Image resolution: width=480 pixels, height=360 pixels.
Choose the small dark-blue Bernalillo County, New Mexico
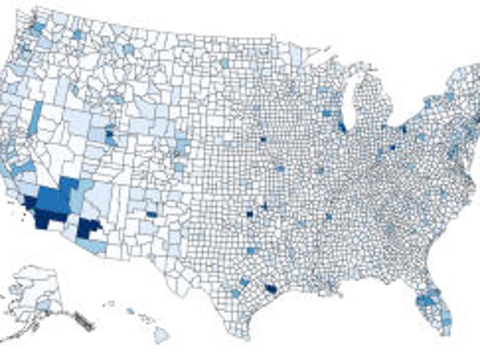(151, 214)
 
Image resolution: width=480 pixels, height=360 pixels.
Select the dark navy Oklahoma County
(250, 214)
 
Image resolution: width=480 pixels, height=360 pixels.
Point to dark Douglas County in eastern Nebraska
(263, 140)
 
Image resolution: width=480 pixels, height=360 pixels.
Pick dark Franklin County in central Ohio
(393, 147)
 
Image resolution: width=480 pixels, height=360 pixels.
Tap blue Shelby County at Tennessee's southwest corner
(329, 217)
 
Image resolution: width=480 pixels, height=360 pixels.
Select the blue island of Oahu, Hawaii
(130, 310)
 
